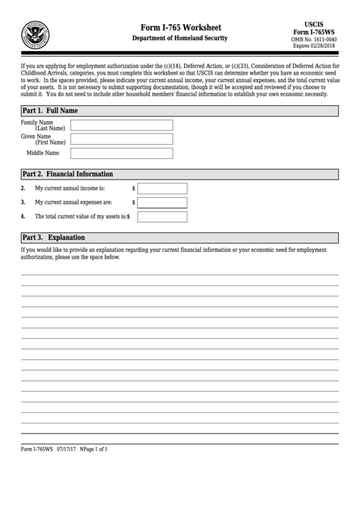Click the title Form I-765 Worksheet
180,27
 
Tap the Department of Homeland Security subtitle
180,39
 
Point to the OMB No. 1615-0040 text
318,39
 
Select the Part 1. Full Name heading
50,110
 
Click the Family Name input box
122,125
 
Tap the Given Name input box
122,139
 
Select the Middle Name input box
122,154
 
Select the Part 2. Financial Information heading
67,174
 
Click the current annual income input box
162,188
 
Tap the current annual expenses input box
162,203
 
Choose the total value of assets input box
162,217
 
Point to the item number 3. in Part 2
23,203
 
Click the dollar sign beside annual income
133,188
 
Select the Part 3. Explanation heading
54,238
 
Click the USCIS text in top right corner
318,24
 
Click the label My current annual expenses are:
73,203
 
